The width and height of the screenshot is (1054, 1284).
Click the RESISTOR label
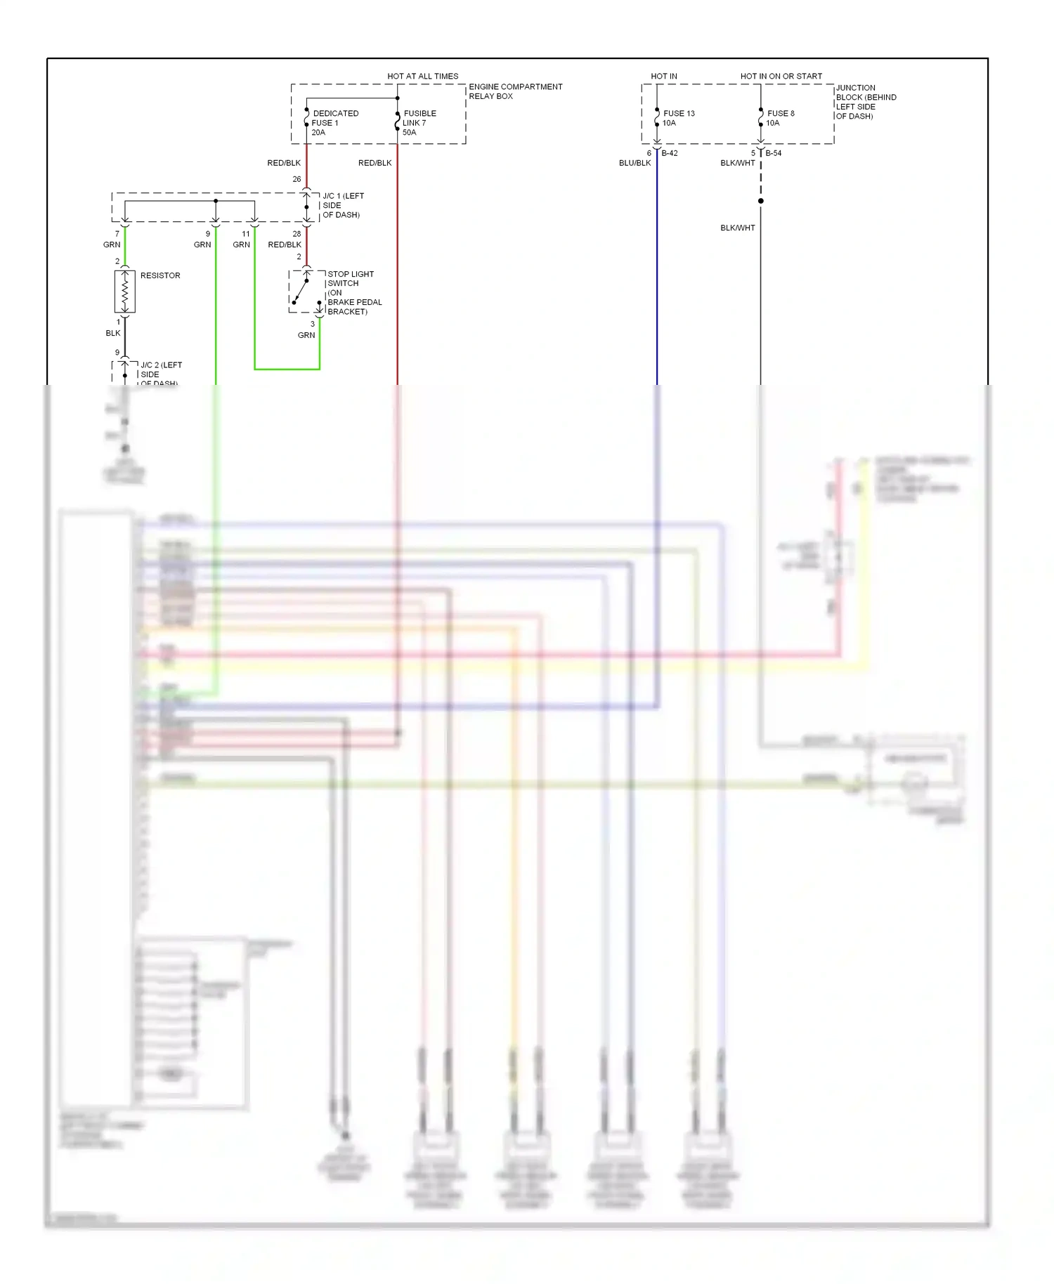[160, 275]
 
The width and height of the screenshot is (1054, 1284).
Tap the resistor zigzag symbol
[125, 291]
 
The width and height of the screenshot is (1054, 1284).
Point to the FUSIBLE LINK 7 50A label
[419, 122]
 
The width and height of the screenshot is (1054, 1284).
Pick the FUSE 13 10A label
[677, 117]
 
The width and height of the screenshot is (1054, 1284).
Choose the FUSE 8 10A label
[780, 117]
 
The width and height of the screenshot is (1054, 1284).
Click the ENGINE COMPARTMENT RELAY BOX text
[515, 91]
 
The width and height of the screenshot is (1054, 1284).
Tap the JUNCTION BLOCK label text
[865, 102]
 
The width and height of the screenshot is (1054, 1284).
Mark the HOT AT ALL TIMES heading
[422, 76]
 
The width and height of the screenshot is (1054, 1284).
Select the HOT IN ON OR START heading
[781, 76]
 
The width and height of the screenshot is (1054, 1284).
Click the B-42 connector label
[669, 153]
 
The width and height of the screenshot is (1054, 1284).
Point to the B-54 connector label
[773, 153]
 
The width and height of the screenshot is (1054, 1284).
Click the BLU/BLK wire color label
[635, 163]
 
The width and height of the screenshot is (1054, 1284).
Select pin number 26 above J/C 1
[297, 179]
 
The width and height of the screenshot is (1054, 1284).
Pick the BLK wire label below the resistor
[113, 333]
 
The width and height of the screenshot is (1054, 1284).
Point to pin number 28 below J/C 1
[297, 234]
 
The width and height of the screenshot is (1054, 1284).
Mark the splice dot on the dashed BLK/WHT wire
[760, 201]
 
